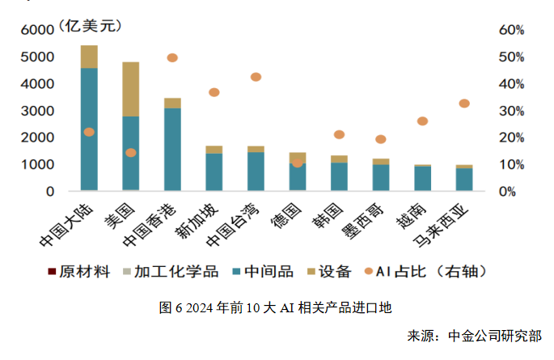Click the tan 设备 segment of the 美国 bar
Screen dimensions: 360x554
pyautogui.click(x=130, y=89)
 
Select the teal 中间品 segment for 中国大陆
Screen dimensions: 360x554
pyautogui.click(x=89, y=129)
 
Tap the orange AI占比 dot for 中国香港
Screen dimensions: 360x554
pyautogui.click(x=172, y=57)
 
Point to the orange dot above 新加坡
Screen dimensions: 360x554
pyautogui.click(x=214, y=92)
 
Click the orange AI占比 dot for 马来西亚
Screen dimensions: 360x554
pyautogui.click(x=464, y=104)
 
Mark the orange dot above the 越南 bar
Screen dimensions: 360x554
pyautogui.click(x=422, y=121)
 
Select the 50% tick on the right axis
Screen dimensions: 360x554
pyautogui.click(x=512, y=57)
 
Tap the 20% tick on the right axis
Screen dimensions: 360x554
pyautogui.click(x=512, y=138)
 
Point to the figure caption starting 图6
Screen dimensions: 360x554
pyautogui.click(x=276, y=307)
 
